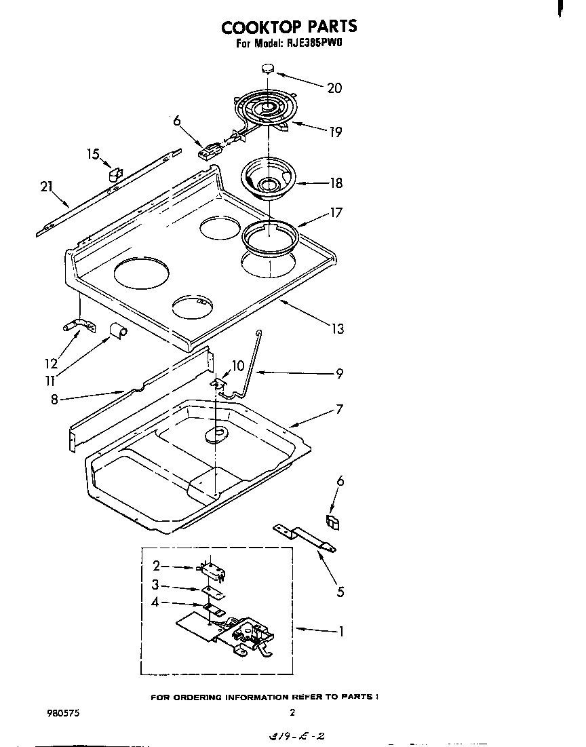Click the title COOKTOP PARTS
[289, 26]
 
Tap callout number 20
[334, 88]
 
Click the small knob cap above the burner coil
[267, 67]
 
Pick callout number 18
[335, 183]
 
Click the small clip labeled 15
[114, 176]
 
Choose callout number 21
[46, 187]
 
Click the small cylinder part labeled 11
[118, 330]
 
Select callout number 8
[54, 400]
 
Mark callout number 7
[339, 409]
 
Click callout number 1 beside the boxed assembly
[341, 631]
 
